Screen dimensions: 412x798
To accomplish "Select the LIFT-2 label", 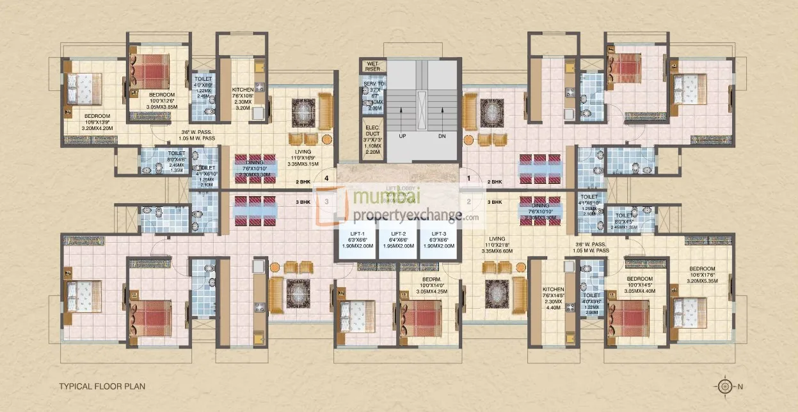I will click(398, 234).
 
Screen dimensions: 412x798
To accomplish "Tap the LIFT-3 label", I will click(438, 234).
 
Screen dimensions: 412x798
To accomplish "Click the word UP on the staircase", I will click(402, 136).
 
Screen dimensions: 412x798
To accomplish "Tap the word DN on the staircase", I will click(442, 136).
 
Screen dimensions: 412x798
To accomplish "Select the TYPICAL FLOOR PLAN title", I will click(102, 386).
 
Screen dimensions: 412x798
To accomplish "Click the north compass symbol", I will click(724, 386).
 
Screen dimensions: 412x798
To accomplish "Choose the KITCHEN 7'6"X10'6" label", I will click(243, 89).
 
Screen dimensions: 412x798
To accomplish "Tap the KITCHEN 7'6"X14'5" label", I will click(554, 289).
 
